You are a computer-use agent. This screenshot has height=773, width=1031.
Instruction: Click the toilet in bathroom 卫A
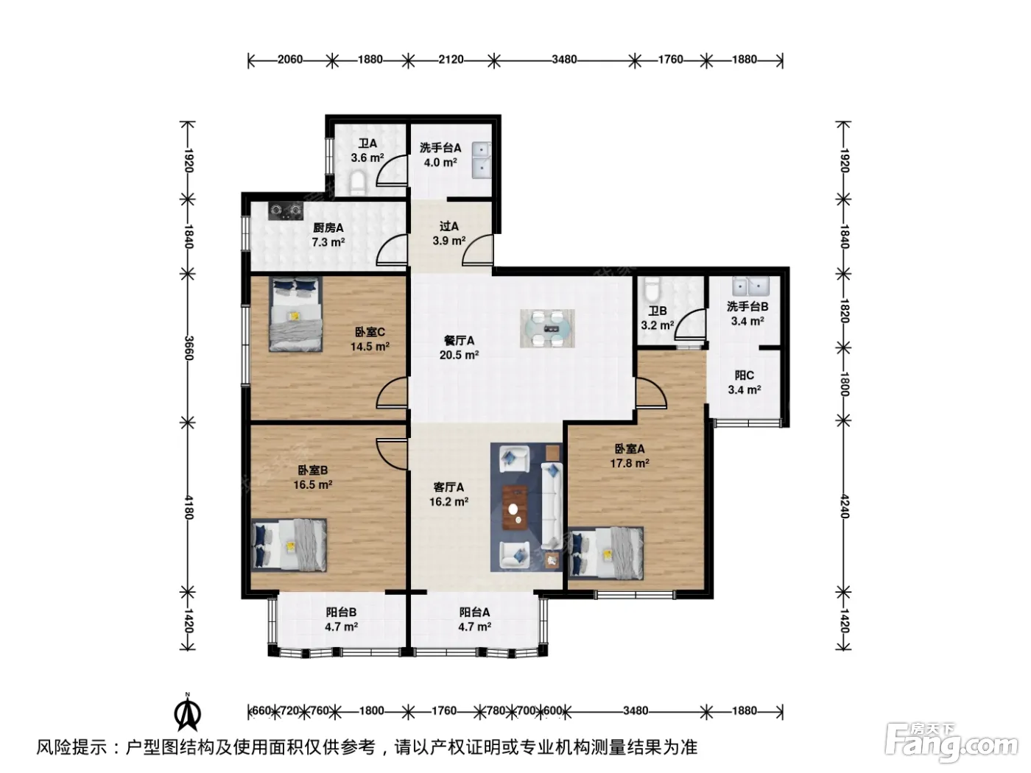click(x=358, y=184)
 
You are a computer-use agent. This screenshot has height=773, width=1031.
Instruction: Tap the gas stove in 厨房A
click(x=285, y=211)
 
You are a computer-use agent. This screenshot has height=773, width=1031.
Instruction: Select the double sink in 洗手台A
click(x=480, y=160)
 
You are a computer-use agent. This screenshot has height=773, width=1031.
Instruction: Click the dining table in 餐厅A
click(x=546, y=328)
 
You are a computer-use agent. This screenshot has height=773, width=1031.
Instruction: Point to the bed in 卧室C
click(x=296, y=314)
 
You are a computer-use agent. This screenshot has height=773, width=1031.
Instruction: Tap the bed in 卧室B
click(x=289, y=545)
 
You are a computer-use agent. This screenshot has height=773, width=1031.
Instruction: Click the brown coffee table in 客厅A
click(x=515, y=508)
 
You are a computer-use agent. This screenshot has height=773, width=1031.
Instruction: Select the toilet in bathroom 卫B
click(x=652, y=289)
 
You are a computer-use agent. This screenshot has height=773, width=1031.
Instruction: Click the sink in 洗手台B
click(x=750, y=286)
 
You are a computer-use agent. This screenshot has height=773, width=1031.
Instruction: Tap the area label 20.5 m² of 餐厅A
click(x=459, y=356)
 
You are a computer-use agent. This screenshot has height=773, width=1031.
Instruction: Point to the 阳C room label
click(x=744, y=375)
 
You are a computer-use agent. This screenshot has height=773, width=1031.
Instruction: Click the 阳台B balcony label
click(x=341, y=612)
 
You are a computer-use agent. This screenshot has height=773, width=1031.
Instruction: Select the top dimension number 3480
click(x=564, y=60)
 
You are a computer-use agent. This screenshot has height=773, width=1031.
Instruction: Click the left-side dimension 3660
click(x=188, y=347)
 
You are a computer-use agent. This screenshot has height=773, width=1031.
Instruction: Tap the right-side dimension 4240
click(x=844, y=506)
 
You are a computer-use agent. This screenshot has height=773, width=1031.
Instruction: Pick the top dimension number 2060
click(x=290, y=60)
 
